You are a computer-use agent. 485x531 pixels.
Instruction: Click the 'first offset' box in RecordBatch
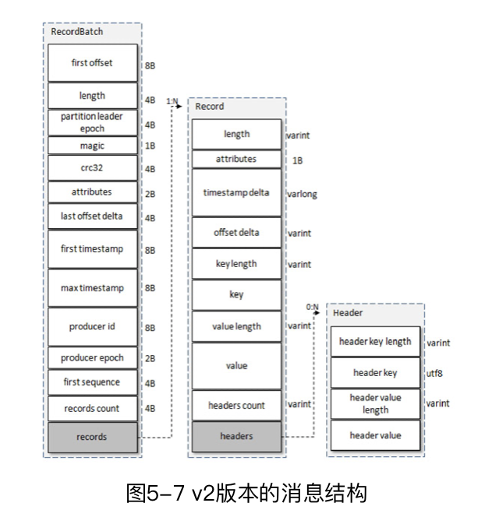click(x=92, y=63)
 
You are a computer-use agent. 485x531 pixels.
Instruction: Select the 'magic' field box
click(x=92, y=146)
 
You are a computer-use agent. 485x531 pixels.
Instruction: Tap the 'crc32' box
click(x=92, y=167)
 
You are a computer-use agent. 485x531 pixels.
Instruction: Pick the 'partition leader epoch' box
click(x=92, y=122)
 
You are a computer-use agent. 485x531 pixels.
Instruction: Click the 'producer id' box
click(x=92, y=326)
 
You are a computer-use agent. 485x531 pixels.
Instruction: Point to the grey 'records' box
click(x=92, y=437)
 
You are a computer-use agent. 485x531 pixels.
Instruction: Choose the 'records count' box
click(x=92, y=407)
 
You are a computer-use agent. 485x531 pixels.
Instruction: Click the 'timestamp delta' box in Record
click(x=236, y=192)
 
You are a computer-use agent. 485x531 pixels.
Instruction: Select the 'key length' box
click(x=236, y=264)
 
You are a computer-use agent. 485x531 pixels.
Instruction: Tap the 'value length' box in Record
click(x=236, y=326)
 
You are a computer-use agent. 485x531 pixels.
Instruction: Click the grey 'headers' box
click(x=236, y=436)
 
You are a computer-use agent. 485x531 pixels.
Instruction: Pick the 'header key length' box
click(x=376, y=342)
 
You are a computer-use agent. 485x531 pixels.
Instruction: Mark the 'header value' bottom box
click(x=376, y=435)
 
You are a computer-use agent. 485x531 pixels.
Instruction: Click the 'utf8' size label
click(x=435, y=373)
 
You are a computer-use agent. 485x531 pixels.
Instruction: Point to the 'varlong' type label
click(x=302, y=193)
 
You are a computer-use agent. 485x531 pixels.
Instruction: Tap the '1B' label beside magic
click(x=150, y=146)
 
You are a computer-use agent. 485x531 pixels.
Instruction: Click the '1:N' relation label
click(x=172, y=100)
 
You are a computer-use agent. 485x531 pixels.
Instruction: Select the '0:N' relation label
click(x=313, y=307)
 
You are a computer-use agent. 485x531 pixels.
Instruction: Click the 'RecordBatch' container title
click(x=76, y=32)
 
